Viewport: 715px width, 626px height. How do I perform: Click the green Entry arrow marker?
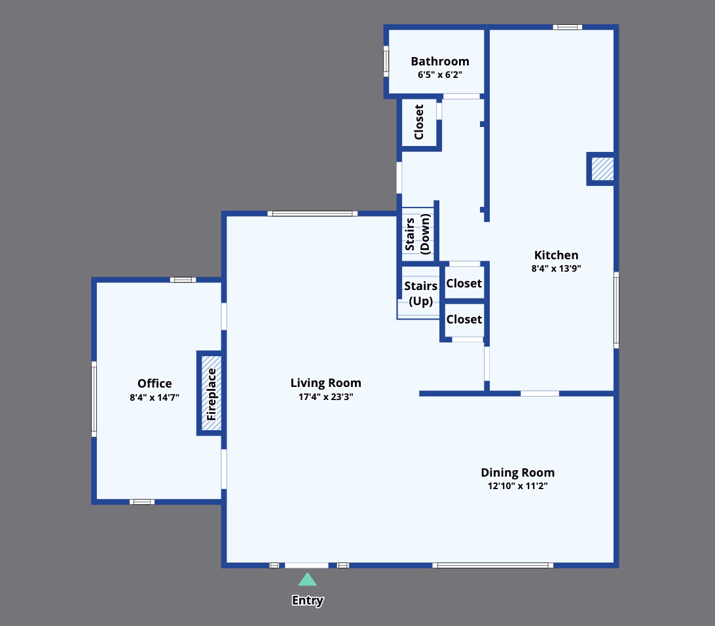pyautogui.click(x=307, y=580)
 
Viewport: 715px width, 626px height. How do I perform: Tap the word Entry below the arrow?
pyautogui.click(x=307, y=600)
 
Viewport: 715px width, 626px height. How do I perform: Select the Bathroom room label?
pyautogui.click(x=439, y=62)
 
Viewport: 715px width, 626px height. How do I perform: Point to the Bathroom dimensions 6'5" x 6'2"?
pyautogui.click(x=439, y=75)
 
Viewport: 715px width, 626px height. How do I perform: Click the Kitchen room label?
pyautogui.click(x=556, y=255)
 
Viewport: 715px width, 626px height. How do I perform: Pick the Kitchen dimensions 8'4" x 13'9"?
pyautogui.click(x=556, y=268)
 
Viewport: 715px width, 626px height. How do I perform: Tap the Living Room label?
pyautogui.click(x=325, y=383)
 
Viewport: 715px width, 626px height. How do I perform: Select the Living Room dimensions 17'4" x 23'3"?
pyautogui.click(x=325, y=396)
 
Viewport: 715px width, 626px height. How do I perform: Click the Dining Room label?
pyautogui.click(x=517, y=473)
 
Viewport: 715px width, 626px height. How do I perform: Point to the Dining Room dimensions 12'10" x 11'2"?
pyautogui.click(x=517, y=486)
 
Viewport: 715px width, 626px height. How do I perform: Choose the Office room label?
pyautogui.click(x=155, y=384)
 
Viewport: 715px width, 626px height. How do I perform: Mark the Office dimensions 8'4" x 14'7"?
pyautogui.click(x=155, y=397)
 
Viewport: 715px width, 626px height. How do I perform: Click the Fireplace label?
pyautogui.click(x=211, y=394)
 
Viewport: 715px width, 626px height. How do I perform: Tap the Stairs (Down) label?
pyautogui.click(x=418, y=234)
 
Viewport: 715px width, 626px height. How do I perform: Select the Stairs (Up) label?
pyautogui.click(x=420, y=293)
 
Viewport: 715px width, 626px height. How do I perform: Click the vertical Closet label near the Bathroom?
pyautogui.click(x=419, y=122)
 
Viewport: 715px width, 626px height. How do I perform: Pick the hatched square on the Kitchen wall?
pyautogui.click(x=602, y=169)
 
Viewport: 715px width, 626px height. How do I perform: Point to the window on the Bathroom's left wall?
pyautogui.click(x=386, y=61)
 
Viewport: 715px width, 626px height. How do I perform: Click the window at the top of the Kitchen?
pyautogui.click(x=567, y=27)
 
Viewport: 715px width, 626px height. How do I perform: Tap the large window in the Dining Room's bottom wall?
pyautogui.click(x=492, y=565)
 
